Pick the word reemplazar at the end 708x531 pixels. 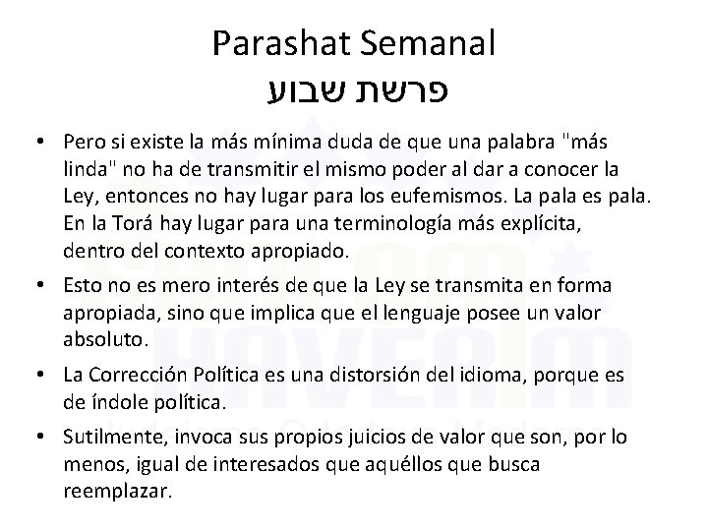pos(115,489)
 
